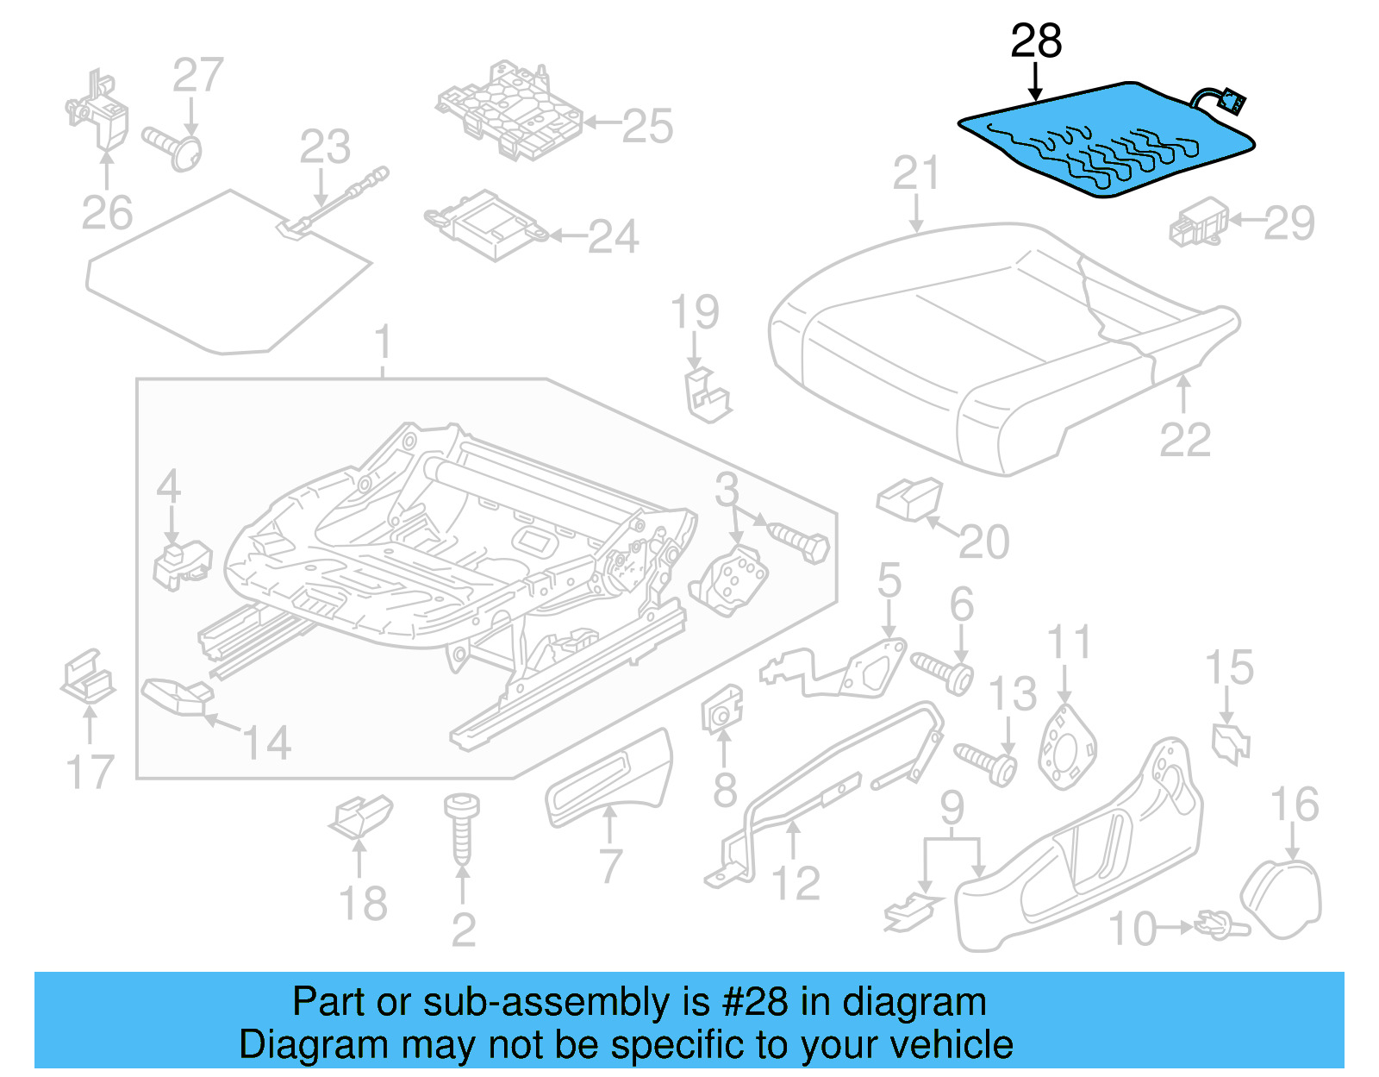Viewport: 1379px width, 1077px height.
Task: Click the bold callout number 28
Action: click(1036, 41)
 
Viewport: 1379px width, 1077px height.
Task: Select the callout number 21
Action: click(915, 173)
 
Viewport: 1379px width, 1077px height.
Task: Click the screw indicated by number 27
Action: click(177, 148)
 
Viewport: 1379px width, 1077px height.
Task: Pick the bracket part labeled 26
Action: click(99, 112)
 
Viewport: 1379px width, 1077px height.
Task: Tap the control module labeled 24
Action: click(487, 224)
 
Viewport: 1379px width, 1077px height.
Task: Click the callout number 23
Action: click(325, 147)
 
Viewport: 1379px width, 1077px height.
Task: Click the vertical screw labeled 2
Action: click(459, 828)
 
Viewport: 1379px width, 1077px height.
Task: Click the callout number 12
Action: click(796, 883)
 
